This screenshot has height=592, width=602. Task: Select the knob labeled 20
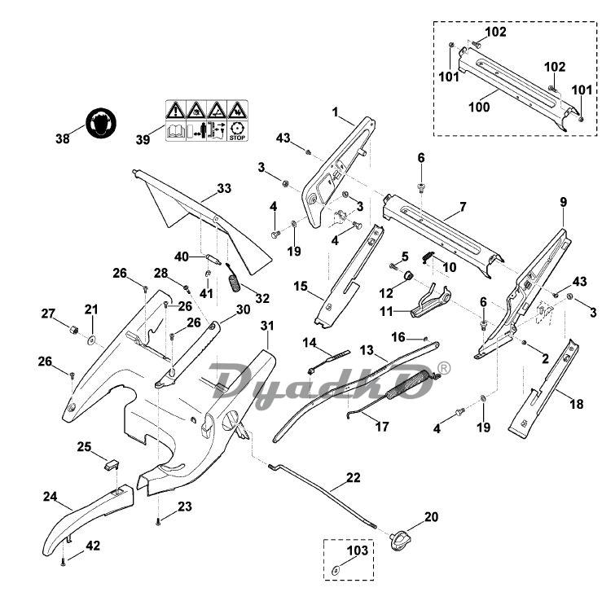coord(402,537)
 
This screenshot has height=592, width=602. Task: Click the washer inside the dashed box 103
coord(336,568)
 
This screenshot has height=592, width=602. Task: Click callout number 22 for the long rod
coord(352,477)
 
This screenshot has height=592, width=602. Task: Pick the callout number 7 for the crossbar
coord(462,207)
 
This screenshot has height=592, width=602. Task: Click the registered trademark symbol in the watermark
coord(443,369)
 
